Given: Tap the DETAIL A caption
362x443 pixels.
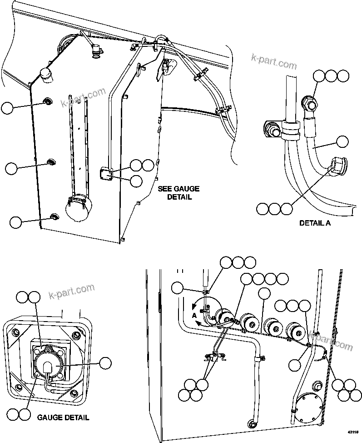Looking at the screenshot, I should click(x=315, y=223).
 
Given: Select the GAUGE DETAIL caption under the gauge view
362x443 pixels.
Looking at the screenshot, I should click(x=63, y=417).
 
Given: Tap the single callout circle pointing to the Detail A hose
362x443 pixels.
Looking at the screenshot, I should click(x=343, y=141).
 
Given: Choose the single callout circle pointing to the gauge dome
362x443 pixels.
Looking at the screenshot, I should click(x=105, y=362).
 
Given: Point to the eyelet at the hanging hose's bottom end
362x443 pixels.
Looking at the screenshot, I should click(x=251, y=424).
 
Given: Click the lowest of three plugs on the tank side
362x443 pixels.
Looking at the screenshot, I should click(x=54, y=216).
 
